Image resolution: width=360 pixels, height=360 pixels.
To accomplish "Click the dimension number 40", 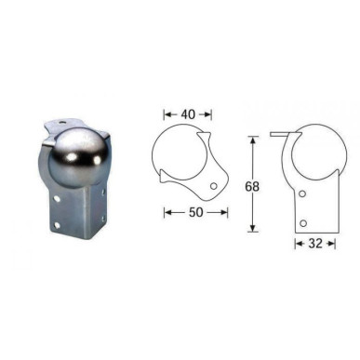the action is point(188,114).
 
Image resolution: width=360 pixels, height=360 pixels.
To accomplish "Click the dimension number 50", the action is point(196,212).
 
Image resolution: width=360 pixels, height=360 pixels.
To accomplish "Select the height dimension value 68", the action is point(252,187).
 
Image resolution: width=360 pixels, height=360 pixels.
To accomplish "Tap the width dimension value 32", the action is point(315,244).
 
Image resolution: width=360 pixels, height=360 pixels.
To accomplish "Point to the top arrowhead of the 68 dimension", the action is point(253,140).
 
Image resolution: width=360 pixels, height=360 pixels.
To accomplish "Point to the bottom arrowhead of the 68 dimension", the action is point(253,228).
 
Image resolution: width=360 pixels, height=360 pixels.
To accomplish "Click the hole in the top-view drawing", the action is point(213,186).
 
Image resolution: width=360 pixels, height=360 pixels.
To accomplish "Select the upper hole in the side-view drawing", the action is point(302,193).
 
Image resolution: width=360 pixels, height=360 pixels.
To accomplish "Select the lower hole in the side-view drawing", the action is point(303,222).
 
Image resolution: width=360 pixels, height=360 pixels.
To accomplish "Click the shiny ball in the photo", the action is point(79,156).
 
